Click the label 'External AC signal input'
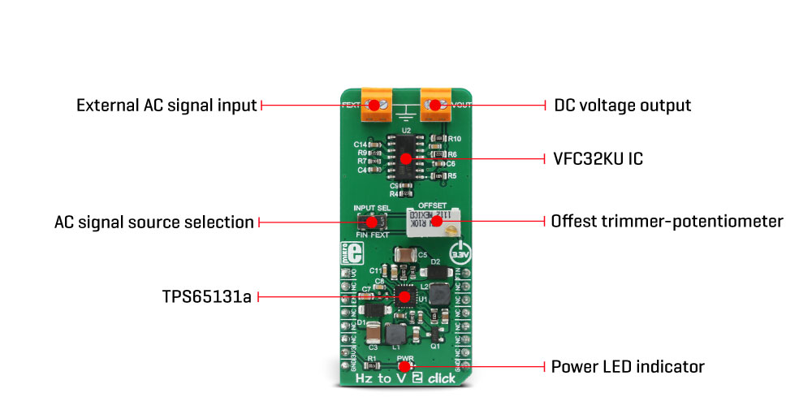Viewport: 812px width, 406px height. coord(166,106)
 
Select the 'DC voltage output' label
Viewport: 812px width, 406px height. coord(622,106)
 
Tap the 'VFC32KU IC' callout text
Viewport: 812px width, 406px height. coord(598,159)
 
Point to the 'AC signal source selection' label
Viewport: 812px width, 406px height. coord(153,222)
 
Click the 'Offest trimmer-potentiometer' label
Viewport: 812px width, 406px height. coord(667,221)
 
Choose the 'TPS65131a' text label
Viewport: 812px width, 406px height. coord(206,297)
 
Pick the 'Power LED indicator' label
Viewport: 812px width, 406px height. coord(628,367)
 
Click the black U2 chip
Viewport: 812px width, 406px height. coord(405,157)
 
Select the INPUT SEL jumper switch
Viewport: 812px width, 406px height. coord(370,221)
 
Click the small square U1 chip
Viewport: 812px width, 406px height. coord(404,297)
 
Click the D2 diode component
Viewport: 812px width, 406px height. coord(434,272)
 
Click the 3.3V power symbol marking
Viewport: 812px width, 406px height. coord(460,252)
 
